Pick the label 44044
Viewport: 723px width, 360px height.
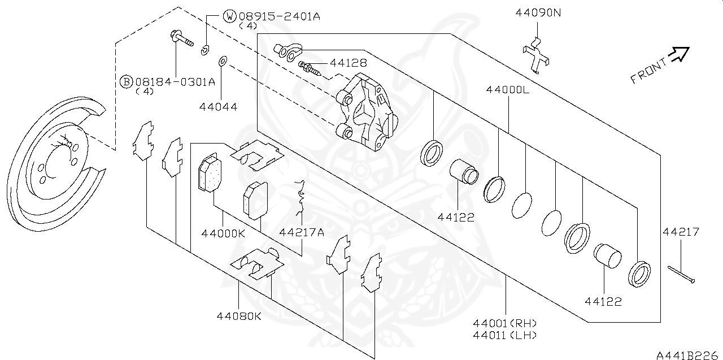tap(217, 106)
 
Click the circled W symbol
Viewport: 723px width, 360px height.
tap(230, 16)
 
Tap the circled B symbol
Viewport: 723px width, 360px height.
tap(127, 82)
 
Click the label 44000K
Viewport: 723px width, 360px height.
tap(223, 232)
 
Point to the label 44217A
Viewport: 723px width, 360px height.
tap(302, 232)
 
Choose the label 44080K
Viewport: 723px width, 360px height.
tap(239, 316)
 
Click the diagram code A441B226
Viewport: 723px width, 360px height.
tap(689, 354)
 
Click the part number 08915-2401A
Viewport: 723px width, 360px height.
tap(280, 16)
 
